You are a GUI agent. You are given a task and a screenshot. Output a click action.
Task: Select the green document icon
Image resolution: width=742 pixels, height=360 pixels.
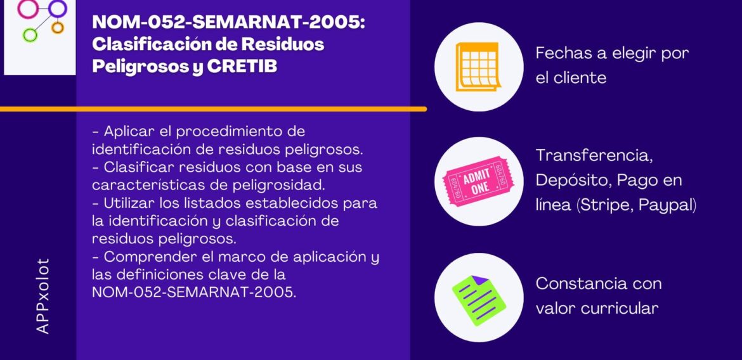click(479, 297)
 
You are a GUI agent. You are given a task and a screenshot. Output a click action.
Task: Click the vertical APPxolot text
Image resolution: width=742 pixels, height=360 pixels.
click(42, 295)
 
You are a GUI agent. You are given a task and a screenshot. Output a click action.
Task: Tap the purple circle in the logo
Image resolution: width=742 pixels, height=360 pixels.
click(58, 8)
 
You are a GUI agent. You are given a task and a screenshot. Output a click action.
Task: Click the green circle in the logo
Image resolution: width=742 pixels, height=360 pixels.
click(29, 34)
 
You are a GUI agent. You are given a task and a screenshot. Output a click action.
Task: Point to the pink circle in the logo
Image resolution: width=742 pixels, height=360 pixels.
click(27, 8)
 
